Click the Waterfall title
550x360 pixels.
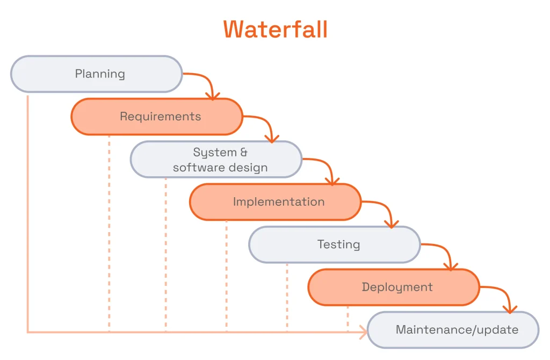(x=275, y=29)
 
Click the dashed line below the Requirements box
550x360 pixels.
(x=109, y=231)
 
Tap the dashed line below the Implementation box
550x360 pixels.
(x=226, y=274)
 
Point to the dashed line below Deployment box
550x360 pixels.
(x=348, y=318)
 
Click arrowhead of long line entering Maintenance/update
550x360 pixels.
(x=364, y=332)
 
